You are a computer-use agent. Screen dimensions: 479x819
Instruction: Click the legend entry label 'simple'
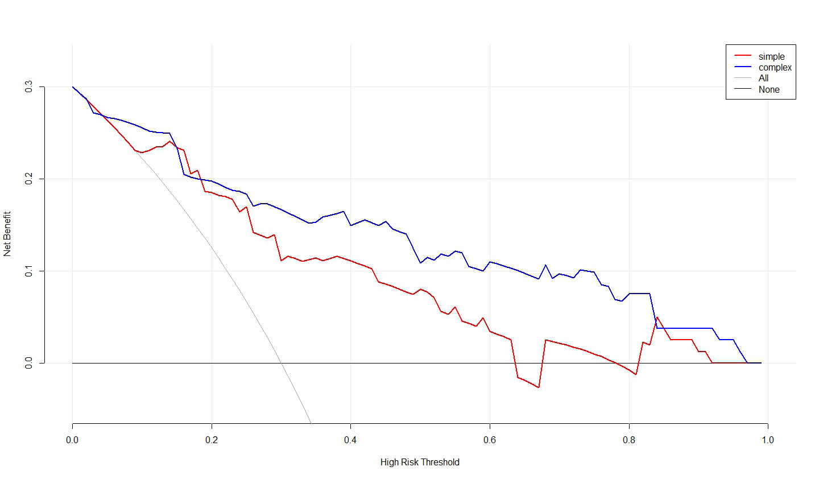pyautogui.click(x=771, y=56)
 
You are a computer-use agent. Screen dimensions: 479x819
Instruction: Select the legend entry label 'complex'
pyautogui.click(x=775, y=67)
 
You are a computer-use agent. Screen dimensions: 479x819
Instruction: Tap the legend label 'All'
pyautogui.click(x=763, y=78)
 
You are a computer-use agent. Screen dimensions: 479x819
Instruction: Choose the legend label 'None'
pyautogui.click(x=768, y=89)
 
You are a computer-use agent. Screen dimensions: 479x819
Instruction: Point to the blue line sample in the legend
pyautogui.click(x=743, y=67)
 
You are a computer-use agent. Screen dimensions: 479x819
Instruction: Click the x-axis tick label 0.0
pyautogui.click(x=72, y=440)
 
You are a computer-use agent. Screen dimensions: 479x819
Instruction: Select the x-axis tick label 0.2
pyautogui.click(x=212, y=440)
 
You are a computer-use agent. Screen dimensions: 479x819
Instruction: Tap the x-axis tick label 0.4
pyautogui.click(x=350, y=440)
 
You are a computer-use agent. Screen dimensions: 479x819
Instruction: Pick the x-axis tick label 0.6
pyautogui.click(x=490, y=440)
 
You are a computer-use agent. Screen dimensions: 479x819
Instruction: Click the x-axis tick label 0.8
pyautogui.click(x=629, y=440)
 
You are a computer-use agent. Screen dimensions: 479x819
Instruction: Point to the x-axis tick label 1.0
pyautogui.click(x=768, y=440)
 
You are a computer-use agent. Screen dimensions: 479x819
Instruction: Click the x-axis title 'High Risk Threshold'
pyautogui.click(x=420, y=462)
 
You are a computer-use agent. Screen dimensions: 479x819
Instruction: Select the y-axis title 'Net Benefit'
pyautogui.click(x=7, y=234)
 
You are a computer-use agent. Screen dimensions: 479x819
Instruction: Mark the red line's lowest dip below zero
pyautogui.click(x=538, y=387)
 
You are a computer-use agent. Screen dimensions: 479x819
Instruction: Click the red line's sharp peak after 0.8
pyautogui.click(x=657, y=317)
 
